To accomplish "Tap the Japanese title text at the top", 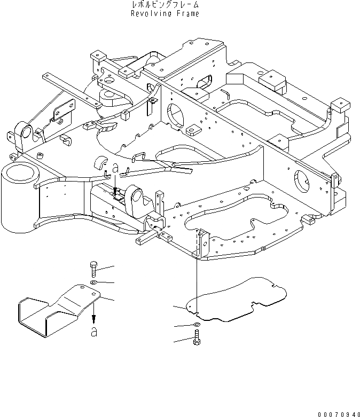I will (x=165, y=5).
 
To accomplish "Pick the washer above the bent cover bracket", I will (x=93, y=281).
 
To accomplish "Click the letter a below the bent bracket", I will (x=94, y=332).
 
